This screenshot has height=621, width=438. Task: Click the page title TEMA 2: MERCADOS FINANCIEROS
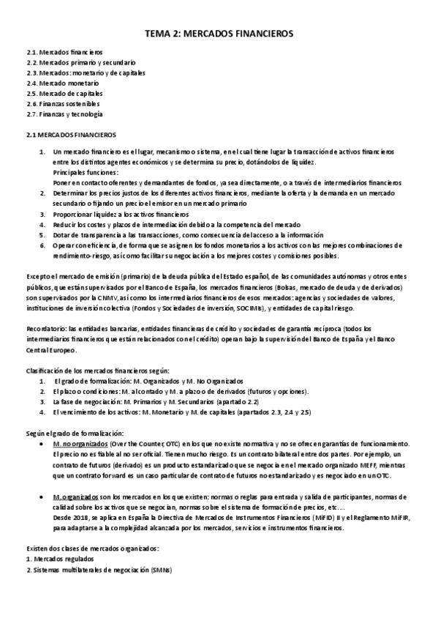tap(219, 34)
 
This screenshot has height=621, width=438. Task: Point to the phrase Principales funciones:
tap(80, 171)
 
